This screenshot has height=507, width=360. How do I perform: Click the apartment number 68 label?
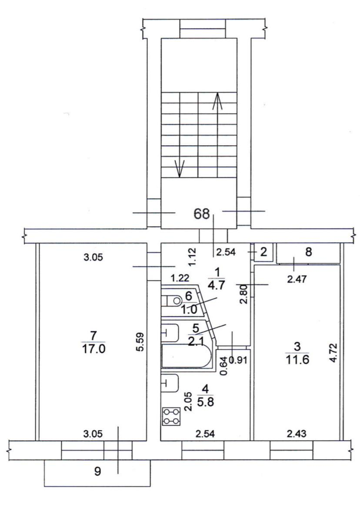(201, 214)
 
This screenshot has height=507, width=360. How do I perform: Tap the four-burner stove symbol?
(171, 416)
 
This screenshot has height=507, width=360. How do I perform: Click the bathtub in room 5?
(187, 356)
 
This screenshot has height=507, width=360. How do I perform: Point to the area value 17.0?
(93, 349)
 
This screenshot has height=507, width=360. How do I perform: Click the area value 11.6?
(297, 360)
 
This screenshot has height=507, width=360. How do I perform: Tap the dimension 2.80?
(244, 293)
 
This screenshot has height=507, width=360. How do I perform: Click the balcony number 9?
(97, 471)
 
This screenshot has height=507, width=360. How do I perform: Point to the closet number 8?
(309, 252)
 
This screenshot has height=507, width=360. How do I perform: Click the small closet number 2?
(263, 252)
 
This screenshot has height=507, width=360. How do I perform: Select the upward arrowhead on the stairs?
(217, 101)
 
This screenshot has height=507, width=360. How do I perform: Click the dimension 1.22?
(180, 278)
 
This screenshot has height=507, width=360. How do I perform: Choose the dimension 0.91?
(238, 360)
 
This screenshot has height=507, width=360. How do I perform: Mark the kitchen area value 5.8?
(205, 402)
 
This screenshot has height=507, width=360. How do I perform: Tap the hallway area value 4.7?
(216, 286)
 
